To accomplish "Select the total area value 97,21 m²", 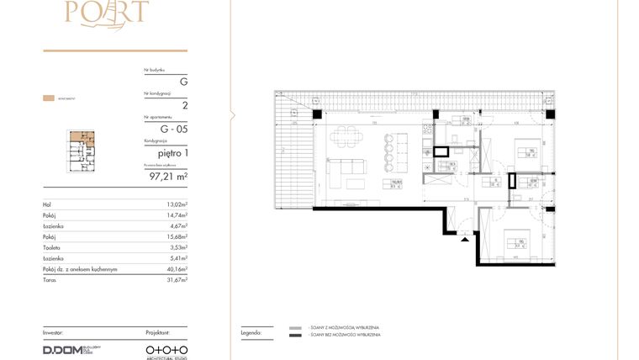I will [x=168, y=177].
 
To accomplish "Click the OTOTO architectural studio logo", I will [x=166, y=349].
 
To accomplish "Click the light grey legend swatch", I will [x=294, y=326].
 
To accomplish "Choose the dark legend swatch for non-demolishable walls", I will [x=294, y=336].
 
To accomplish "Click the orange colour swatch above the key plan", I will [x=49, y=98].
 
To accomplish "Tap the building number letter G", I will [x=183, y=82].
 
